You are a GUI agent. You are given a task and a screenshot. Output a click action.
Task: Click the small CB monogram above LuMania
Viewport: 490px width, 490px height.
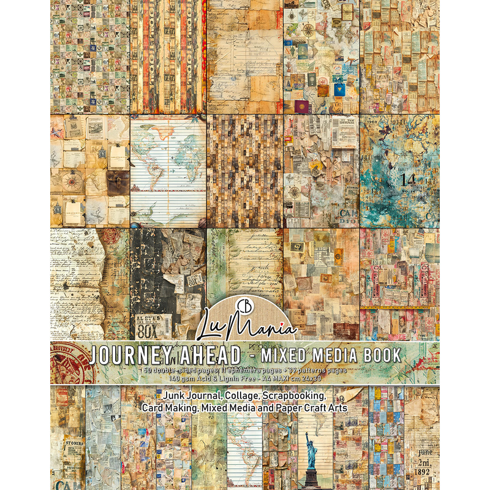pos(246,303)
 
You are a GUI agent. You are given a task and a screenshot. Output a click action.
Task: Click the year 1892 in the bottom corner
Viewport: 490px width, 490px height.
pos(425,472)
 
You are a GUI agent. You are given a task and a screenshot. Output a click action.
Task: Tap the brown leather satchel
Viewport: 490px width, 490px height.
pos(118,180)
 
